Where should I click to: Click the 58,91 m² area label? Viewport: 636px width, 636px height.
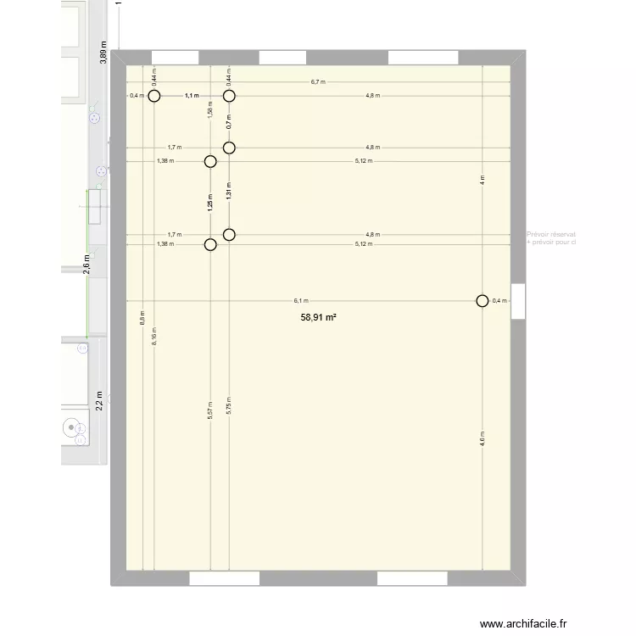point(319,317)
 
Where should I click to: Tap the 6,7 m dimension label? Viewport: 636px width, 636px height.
point(319,82)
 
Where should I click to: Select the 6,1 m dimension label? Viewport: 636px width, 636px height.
point(301,300)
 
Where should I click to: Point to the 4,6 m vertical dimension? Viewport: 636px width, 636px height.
point(483,439)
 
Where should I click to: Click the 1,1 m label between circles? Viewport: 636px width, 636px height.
point(192,96)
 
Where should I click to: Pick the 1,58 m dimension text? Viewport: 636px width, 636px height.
point(210,108)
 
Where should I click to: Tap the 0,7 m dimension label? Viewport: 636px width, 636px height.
point(229,121)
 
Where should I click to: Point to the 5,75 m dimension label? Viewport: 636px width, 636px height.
point(229,407)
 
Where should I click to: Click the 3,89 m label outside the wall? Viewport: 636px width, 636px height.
point(103,53)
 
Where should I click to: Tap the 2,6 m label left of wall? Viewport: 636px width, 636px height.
point(86,265)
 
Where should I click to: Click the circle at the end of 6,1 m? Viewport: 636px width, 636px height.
point(483,300)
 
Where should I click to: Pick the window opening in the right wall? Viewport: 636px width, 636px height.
point(518,299)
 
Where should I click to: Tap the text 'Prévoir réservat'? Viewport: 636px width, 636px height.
point(551,234)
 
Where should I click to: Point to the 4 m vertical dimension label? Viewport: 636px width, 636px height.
point(483,181)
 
